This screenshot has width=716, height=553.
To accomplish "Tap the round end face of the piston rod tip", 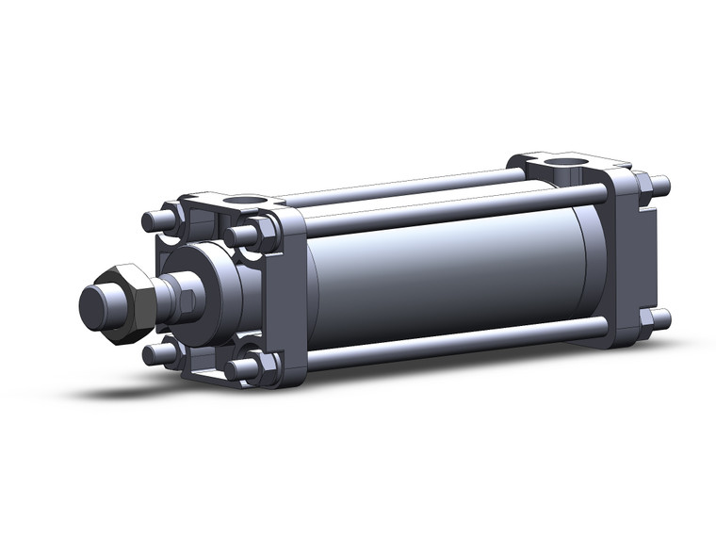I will [91, 304].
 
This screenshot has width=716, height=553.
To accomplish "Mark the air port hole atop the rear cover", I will [566, 167].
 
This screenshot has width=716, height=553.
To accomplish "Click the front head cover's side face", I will [287, 292].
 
